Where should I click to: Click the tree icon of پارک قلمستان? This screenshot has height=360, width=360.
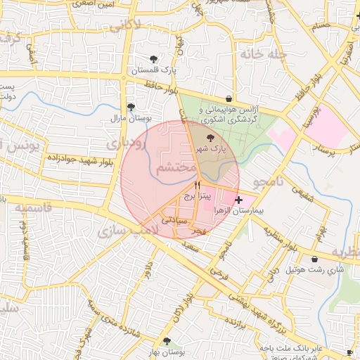pos(154,58)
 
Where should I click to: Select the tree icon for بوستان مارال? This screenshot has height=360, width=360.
pos(131,107)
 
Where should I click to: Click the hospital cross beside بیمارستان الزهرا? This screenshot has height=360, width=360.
pos(239,200)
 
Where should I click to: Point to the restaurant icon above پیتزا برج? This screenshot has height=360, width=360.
pos(188,186)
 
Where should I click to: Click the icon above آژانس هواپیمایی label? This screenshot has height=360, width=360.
pos(231,99)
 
